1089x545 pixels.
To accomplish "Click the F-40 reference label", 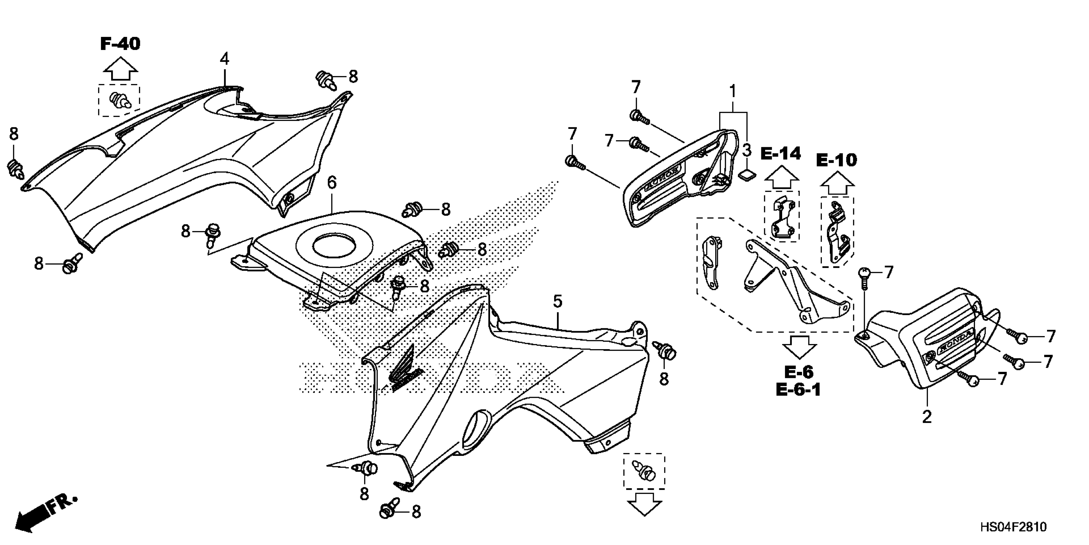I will (120, 44).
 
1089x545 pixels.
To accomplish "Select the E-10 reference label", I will (836, 160).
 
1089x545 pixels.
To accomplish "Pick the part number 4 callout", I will (225, 59).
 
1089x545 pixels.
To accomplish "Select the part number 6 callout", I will (332, 183).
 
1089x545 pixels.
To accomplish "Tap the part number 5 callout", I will (558, 302).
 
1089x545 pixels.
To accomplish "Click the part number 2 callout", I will (927, 417).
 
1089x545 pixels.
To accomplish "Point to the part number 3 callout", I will (746, 149).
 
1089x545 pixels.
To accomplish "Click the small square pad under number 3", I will (747, 174).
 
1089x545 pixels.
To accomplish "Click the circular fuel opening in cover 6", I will (334, 246).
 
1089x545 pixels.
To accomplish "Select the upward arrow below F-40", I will (120, 70).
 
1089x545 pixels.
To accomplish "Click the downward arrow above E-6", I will (799, 347).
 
